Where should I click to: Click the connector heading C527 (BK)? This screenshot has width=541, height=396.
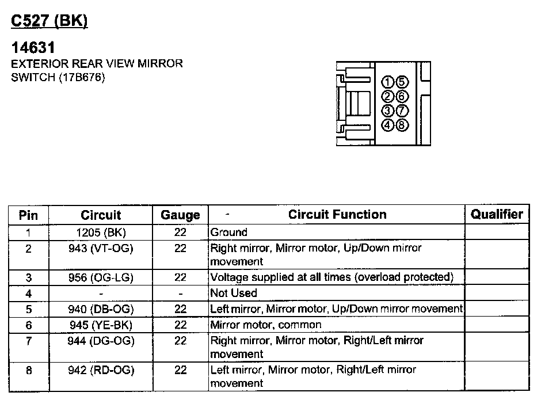point(49,21)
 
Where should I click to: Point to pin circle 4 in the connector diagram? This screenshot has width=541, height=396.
point(388,124)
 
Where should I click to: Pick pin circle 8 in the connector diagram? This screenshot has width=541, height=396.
point(402,124)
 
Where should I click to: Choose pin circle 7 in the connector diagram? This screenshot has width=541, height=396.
point(402,110)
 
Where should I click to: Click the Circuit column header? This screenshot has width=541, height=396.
point(101,215)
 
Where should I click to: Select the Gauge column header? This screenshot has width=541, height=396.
point(180,215)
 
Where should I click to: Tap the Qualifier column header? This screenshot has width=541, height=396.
point(497,215)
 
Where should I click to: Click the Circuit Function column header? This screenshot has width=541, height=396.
point(337,215)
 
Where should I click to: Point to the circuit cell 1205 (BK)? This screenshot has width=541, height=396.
point(101,233)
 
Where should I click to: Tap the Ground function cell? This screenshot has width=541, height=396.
point(229,233)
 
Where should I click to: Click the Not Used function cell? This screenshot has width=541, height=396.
point(234,293)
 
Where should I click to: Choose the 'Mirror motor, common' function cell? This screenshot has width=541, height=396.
point(266,325)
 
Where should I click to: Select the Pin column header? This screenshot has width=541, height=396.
point(28,215)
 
